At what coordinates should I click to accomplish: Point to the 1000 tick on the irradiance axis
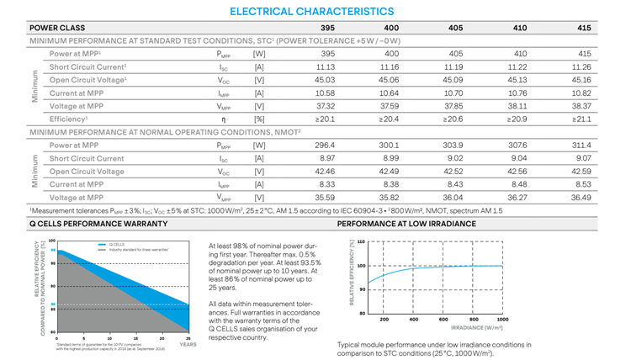click(x=503, y=320)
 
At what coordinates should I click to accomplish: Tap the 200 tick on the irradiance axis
click(x=384, y=320)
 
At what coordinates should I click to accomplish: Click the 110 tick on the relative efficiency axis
click(x=362, y=242)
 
